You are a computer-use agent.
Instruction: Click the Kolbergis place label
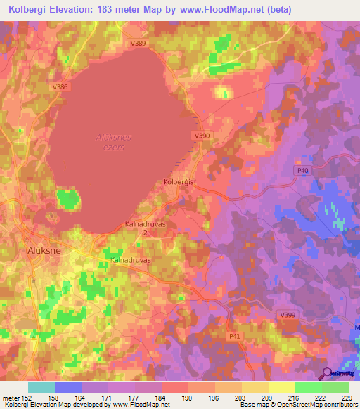pos(178,181)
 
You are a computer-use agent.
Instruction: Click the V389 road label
pos(138,44)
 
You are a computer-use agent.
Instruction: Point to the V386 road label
pos(60,86)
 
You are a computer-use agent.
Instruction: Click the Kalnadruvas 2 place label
pos(139,228)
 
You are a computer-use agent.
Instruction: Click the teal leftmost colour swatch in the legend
pos(41,387)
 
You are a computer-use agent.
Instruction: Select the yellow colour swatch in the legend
pos(281,387)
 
